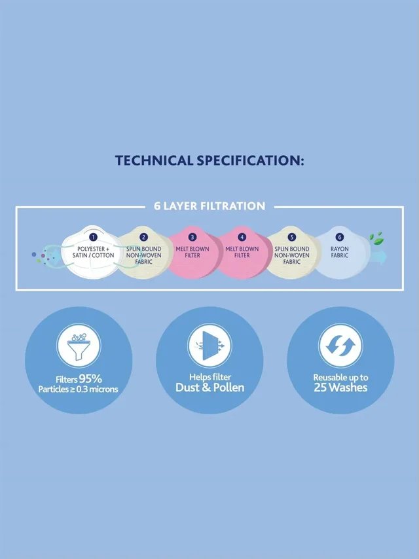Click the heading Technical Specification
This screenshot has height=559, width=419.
click(x=209, y=160)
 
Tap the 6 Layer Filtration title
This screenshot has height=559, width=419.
click(x=209, y=206)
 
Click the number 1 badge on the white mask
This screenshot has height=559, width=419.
click(x=93, y=237)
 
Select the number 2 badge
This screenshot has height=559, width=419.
click(x=143, y=237)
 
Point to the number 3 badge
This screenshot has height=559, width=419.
click(x=192, y=237)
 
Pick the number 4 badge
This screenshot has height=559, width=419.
click(x=242, y=237)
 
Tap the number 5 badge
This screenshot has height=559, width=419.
click(x=292, y=237)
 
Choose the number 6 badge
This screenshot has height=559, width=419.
click(x=340, y=237)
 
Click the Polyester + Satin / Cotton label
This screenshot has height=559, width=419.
click(x=93, y=252)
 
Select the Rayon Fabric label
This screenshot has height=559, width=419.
click(x=340, y=252)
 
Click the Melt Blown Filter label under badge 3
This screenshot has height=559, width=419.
click(x=192, y=252)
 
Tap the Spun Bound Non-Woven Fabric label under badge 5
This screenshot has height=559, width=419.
click(x=292, y=255)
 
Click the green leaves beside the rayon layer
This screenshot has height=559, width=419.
click(x=376, y=239)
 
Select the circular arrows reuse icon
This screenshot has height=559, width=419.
click(x=340, y=346)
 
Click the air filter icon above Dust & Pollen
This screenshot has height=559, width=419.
click(x=209, y=346)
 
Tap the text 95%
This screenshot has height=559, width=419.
click(x=90, y=378)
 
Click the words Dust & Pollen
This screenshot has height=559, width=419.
click(x=209, y=388)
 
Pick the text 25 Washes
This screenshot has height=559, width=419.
click(x=340, y=388)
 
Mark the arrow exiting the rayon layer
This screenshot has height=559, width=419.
click(x=378, y=257)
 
